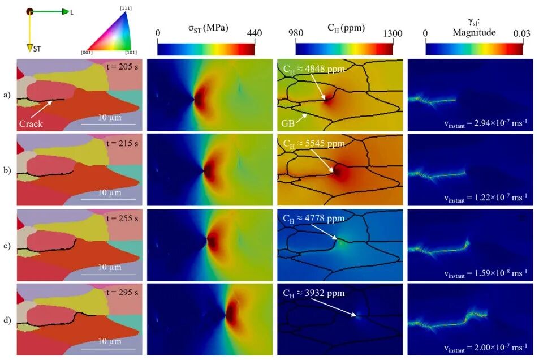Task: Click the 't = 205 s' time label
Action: coord(122,66)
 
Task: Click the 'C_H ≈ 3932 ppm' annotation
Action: coord(314,293)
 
